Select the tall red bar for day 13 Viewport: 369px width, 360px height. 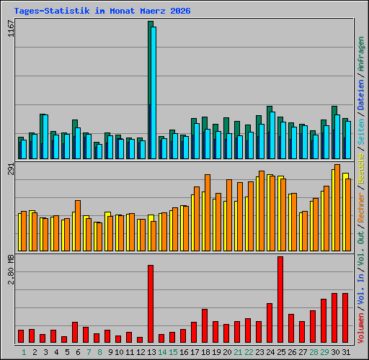pos(151,303)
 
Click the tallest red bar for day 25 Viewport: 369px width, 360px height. pos(280,299)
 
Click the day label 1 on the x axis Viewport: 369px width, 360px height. pos(24,352)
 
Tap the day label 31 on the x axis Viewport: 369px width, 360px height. pos(346,352)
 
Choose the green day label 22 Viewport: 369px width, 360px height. pos(249,352)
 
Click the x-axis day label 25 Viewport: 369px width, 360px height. pos(281,352)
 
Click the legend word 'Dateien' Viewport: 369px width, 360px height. pos(361,93)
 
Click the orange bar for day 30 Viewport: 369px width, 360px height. pos(337,208)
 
